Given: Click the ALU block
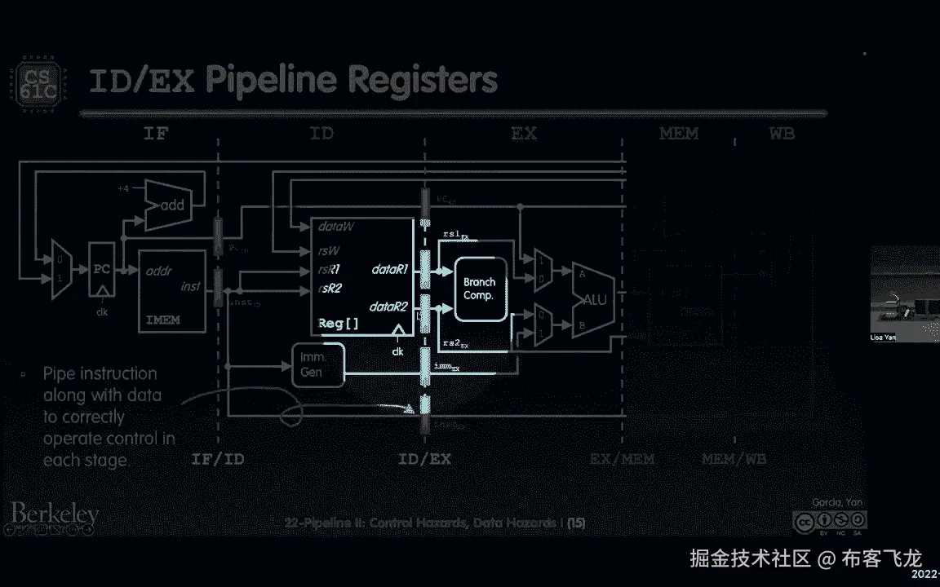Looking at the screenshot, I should [x=593, y=299].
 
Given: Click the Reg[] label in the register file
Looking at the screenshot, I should [x=338, y=324].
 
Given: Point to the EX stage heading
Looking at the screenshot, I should [x=524, y=133].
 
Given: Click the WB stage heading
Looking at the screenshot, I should [x=781, y=133].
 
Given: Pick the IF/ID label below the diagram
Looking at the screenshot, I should [x=217, y=459].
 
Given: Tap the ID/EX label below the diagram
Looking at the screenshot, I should [x=424, y=459].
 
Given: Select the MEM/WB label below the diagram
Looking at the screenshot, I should [x=734, y=459].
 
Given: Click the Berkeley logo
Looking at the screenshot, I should [x=55, y=514].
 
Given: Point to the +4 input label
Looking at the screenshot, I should [x=122, y=189].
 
